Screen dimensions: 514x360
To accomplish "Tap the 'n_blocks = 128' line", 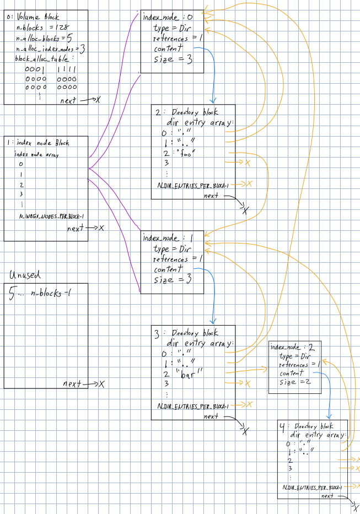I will [42, 27].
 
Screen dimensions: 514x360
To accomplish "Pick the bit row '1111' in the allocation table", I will [67, 69].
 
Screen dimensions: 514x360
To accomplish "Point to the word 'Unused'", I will [25, 275].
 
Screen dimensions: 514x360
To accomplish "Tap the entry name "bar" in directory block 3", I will [189, 372].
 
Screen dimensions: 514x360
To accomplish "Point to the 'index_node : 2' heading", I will [292, 347].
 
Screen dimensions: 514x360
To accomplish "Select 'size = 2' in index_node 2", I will [296, 382].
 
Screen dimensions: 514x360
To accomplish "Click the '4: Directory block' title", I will [307, 426].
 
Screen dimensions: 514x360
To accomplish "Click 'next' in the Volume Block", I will [70, 101].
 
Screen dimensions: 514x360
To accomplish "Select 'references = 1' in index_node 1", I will [178, 259].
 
